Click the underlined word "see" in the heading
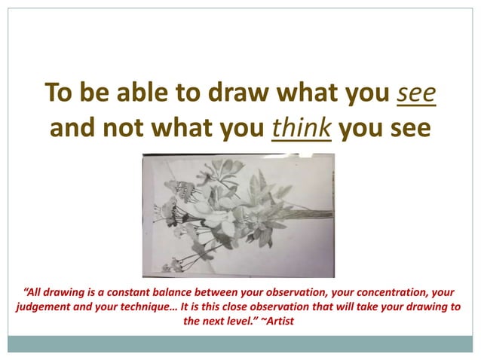[x=415, y=93]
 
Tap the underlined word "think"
[x=301, y=127]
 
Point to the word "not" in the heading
[x=124, y=127]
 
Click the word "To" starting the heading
[x=58, y=93]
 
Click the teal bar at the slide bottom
[x=240, y=343]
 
